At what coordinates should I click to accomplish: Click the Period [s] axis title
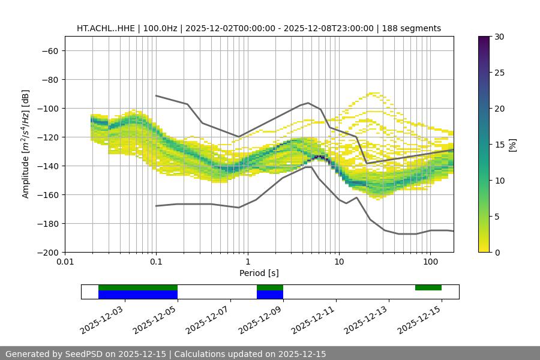(259, 273)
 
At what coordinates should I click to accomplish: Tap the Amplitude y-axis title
(26, 144)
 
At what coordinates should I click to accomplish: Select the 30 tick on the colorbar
(499, 37)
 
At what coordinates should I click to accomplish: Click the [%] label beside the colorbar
(512, 145)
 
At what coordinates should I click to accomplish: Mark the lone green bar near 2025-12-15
(428, 287)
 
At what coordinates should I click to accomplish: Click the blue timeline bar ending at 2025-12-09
(270, 295)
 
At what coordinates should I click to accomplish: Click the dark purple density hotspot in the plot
(320, 158)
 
